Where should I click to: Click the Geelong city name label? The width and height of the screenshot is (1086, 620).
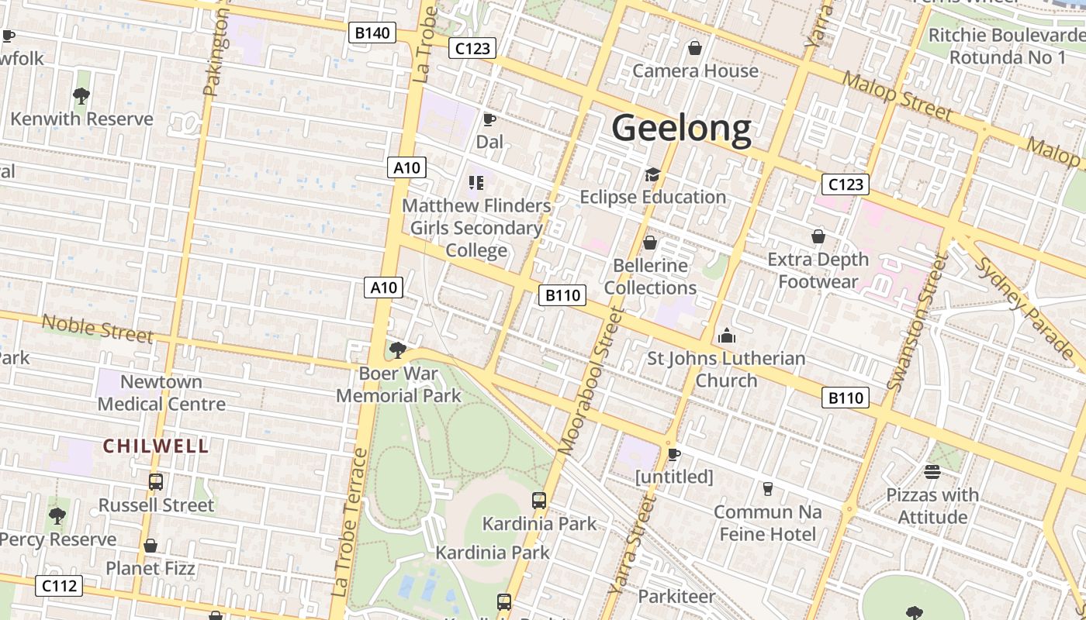(681, 129)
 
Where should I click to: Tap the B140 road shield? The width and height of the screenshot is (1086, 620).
(372, 33)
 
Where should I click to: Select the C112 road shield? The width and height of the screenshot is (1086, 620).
(60, 585)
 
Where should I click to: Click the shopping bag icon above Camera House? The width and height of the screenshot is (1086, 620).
(695, 48)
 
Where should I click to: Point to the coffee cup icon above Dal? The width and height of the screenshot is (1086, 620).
(489, 119)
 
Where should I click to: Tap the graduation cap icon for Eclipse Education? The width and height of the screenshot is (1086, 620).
(652, 174)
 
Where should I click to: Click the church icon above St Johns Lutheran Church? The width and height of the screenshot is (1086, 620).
(726, 336)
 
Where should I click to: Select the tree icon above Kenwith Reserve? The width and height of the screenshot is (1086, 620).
(81, 96)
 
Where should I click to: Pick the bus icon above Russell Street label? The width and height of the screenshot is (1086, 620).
(156, 481)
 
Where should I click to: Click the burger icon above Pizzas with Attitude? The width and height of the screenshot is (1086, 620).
(932, 472)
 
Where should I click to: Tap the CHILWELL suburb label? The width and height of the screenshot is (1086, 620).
(156, 446)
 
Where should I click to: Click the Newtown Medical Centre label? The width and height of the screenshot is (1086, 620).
(161, 393)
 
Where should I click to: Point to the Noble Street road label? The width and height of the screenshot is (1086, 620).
(97, 328)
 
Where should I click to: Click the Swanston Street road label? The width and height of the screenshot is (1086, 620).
(918, 322)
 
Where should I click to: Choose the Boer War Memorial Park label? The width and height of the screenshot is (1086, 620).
(399, 384)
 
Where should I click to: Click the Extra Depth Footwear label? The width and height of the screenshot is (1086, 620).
(818, 270)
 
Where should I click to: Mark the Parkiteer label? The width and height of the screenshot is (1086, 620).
(676, 596)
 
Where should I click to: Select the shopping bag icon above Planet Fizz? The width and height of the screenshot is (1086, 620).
(150, 546)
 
